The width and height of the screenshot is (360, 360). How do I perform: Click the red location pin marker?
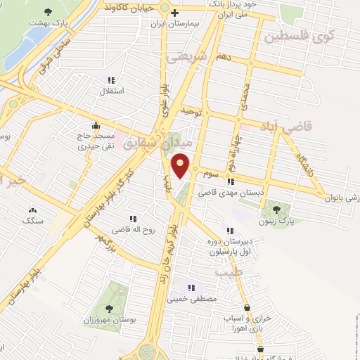[x=181, y=165]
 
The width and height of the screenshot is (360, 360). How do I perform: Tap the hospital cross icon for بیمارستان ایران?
[x=174, y=13]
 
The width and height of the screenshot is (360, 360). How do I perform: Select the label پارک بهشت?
[x=48, y=22]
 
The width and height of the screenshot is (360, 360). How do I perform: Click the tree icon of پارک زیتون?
[x=276, y=209]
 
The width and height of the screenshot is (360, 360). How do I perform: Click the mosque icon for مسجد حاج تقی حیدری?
[x=96, y=126]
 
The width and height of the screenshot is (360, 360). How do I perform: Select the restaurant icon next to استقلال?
[x=110, y=81]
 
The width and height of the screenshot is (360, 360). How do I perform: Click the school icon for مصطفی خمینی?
[x=191, y=288]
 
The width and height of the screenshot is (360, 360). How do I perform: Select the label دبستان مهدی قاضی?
[x=225, y=191]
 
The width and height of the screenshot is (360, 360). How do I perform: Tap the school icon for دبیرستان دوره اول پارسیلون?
[x=229, y=231]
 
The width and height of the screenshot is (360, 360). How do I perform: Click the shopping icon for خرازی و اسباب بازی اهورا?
[x=247, y=307]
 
